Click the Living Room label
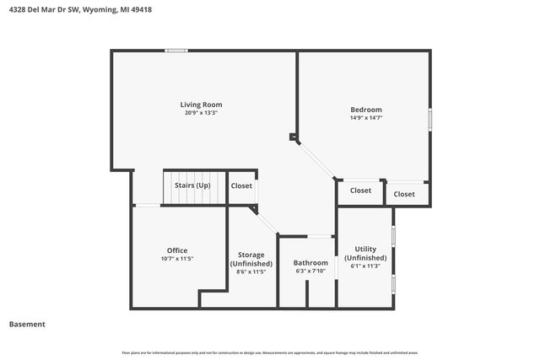201,105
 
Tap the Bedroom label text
366,110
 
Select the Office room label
177,250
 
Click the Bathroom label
310,262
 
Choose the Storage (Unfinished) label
251,259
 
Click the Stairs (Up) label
192,185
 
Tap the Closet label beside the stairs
241,185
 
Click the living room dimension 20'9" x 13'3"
201,113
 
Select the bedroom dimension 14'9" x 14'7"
366,118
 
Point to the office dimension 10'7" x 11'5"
177,259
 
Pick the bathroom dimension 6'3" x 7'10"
310,271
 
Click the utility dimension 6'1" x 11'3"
365,266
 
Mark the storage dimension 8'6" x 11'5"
251,271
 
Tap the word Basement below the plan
27,325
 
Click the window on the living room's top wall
176,51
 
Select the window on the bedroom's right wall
430,119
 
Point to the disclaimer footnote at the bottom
270,352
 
